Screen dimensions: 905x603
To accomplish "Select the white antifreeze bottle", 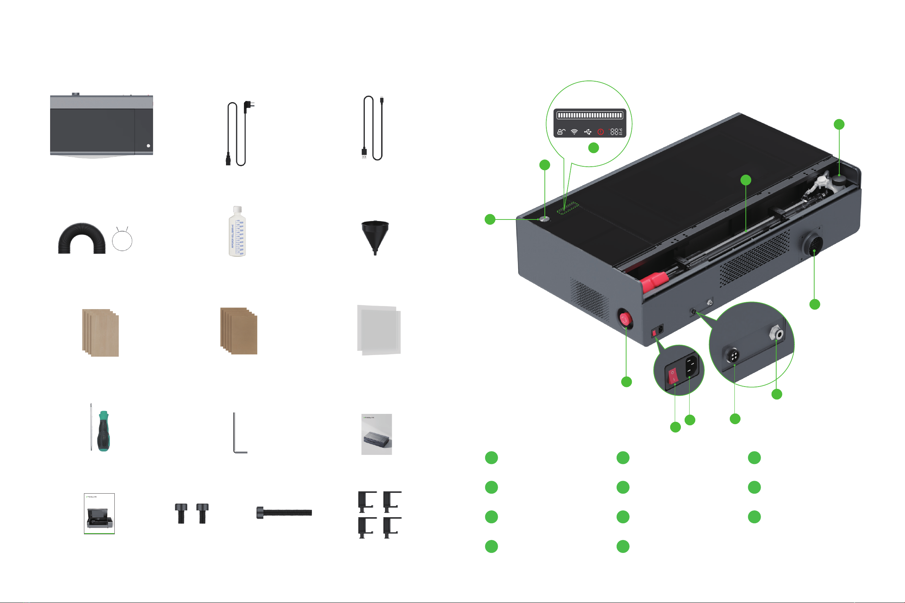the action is [237, 233].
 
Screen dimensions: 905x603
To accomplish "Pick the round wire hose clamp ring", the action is [122, 240].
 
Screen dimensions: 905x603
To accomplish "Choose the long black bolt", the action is [285, 513].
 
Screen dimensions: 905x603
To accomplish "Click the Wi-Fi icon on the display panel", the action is [574, 132].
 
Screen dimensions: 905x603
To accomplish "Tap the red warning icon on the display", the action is [600, 132].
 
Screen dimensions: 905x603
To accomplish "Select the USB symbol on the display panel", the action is [587, 132].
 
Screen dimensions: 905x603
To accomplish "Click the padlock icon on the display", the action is [561, 132].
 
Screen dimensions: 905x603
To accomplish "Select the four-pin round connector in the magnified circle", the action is [733, 355].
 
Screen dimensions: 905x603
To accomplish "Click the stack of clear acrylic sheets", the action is [379, 330].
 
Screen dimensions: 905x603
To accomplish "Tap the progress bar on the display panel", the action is [590, 115].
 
